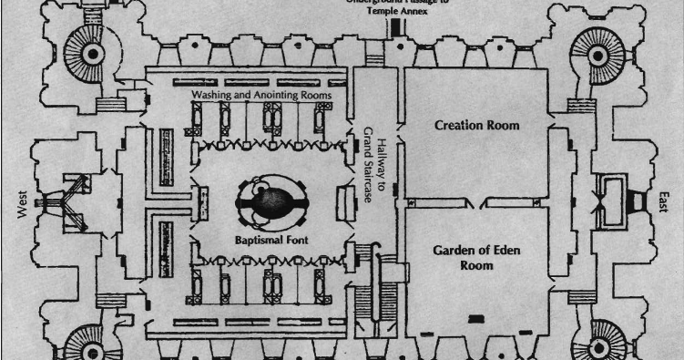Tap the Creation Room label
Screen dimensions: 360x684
pyautogui.click(x=477, y=124)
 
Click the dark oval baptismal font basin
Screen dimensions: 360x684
pyautogui.click(x=271, y=202)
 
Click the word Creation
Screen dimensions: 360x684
pyautogui.click(x=458, y=124)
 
